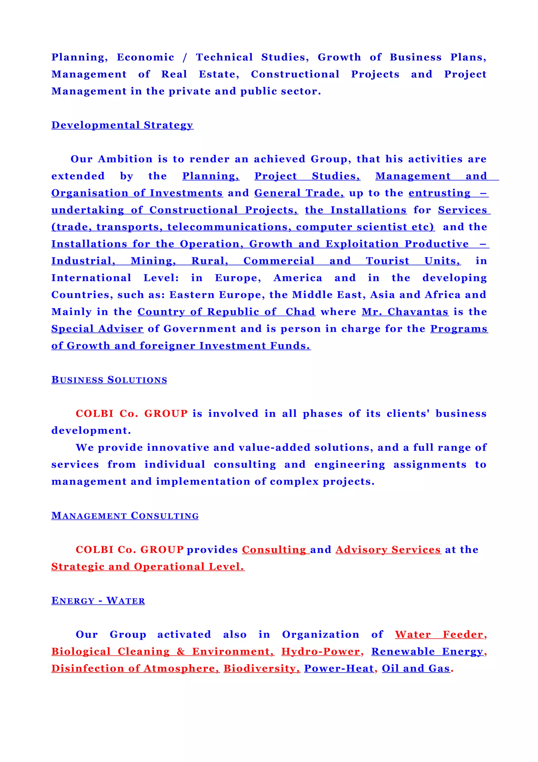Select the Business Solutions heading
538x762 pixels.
tap(109, 380)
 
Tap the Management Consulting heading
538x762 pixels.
tap(125, 516)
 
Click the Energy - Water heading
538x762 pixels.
tap(98, 601)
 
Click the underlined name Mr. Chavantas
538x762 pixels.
tap(405, 312)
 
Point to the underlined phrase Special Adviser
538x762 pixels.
tap(97, 329)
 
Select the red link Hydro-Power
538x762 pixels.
tap(320, 652)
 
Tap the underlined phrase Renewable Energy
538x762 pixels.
tap(427, 652)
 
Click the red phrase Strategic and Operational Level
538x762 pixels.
tap(148, 567)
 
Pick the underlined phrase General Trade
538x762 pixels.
tap(299, 193)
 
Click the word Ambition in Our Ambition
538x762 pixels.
tap(125, 159)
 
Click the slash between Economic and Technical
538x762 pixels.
tap(185, 57)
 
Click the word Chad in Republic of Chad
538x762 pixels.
tap(300, 312)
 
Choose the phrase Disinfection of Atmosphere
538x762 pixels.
tap(135, 668)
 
